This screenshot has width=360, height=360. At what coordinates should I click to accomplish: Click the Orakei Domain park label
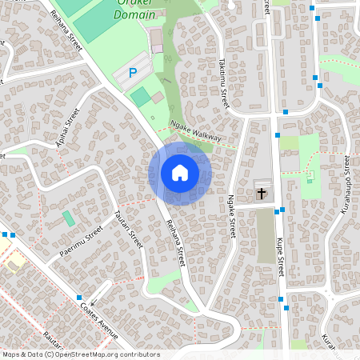134,9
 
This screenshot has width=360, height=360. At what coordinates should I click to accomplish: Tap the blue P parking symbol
133,73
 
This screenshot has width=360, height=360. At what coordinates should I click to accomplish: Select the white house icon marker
180,173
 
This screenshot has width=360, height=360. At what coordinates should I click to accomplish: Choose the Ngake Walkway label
195,132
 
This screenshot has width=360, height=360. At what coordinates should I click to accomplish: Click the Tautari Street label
127,229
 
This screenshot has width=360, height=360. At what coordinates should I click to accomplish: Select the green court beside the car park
140,97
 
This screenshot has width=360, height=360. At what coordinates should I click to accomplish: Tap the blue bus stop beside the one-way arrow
81,298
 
